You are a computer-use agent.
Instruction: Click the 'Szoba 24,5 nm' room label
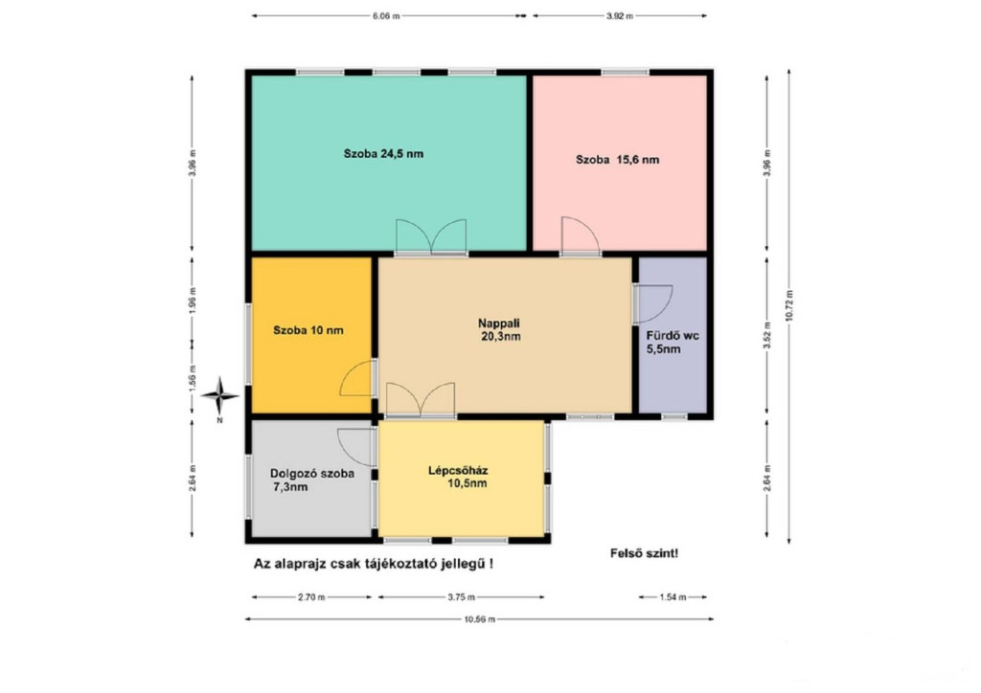pyautogui.click(x=383, y=154)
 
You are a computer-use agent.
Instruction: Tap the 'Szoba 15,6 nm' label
pyautogui.click(x=617, y=159)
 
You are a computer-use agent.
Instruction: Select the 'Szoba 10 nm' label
pyautogui.click(x=308, y=330)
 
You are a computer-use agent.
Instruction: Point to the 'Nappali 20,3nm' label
pyautogui.click(x=499, y=330)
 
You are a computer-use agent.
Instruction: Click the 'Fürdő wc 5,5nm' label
pyautogui.click(x=672, y=342)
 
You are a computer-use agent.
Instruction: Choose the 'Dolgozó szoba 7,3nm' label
pyautogui.click(x=311, y=480)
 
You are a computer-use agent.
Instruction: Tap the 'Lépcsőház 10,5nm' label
pyautogui.click(x=458, y=477)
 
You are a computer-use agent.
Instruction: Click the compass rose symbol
pyautogui.click(x=219, y=395)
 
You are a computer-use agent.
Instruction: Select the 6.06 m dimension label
pyautogui.click(x=386, y=16)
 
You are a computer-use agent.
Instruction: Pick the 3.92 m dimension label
pyautogui.click(x=620, y=16)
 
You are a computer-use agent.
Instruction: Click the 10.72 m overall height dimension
pyautogui.click(x=789, y=305)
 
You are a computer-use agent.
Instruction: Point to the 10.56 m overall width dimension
pyautogui.click(x=479, y=619)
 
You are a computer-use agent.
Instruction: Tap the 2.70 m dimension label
pyautogui.click(x=311, y=597)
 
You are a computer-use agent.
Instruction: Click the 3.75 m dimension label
pyautogui.click(x=461, y=597)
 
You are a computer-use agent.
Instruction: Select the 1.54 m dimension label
pyautogui.click(x=673, y=597)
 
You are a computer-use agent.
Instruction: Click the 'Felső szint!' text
pyautogui.click(x=644, y=553)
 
